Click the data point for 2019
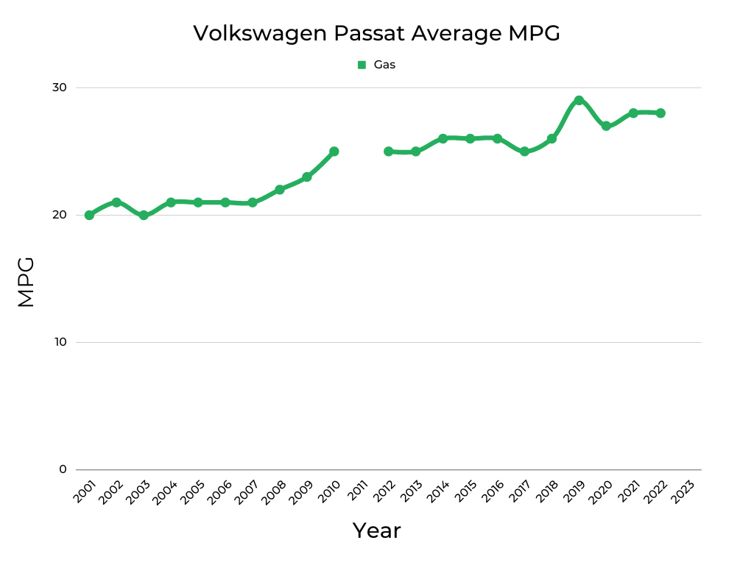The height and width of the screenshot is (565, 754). pos(579,100)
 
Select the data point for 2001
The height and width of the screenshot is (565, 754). pos(89,215)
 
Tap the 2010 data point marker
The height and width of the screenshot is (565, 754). pos(334,152)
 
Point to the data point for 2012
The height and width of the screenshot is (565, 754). pos(388,152)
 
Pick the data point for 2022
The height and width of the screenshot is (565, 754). pos(660,113)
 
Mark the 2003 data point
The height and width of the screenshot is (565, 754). pos(144,215)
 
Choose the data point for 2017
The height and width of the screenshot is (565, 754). pos(524,152)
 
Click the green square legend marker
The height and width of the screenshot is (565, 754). pos(362,65)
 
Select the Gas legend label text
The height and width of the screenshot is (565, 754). pos(384,65)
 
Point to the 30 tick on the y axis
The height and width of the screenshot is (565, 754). pos(59,88)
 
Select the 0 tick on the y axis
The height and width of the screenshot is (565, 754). pos(63,469)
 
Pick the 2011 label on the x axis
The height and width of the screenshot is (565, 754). pos(357,491)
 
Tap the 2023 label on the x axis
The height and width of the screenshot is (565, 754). pos(683,491)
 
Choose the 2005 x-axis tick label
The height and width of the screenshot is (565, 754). pos(194,491)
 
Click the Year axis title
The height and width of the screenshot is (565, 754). pos(376,530)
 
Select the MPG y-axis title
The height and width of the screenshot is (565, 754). pos(26,282)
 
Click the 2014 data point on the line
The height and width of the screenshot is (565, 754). pos(443,138)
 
